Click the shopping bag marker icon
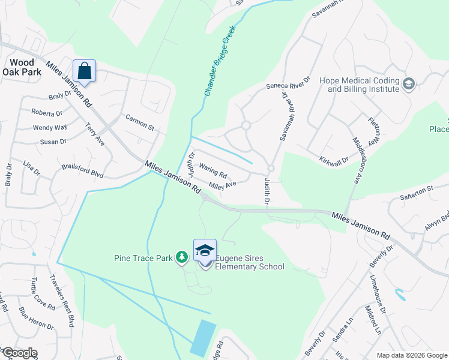[85, 71]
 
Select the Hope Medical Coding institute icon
[410, 83]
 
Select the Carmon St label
[140, 122]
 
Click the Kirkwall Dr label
[335, 155]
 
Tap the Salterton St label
[417, 189]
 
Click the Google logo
[19, 353]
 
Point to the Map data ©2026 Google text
[411, 355]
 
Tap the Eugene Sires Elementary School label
[249, 262]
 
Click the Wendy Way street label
[50, 127]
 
